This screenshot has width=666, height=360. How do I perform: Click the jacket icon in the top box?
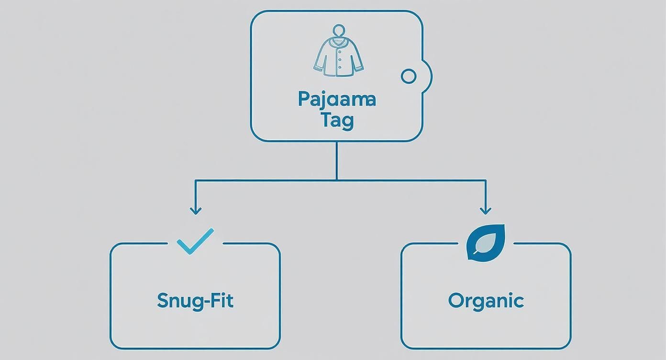338,53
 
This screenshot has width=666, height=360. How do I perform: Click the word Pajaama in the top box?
336,100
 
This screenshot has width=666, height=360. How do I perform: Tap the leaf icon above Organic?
486,243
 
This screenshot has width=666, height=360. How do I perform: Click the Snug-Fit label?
195,301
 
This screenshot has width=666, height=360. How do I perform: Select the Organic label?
486,301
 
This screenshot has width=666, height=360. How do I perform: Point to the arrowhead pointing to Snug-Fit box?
195,210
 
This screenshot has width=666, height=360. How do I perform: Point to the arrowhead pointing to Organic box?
486,210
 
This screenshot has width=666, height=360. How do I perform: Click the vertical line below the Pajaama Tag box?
337,160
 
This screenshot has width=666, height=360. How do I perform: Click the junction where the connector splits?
337,180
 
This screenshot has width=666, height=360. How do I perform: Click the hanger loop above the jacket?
339,30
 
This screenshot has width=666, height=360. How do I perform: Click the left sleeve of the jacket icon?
320,60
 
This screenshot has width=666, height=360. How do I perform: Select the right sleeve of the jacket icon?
357,60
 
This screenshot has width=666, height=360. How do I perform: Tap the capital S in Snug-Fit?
163,301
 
